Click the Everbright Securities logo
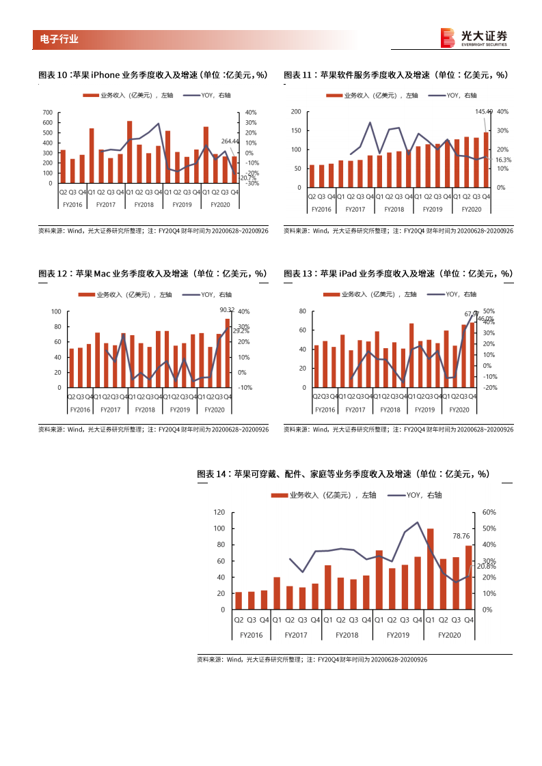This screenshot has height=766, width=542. click(x=474, y=38)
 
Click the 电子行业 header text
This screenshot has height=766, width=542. click(x=55, y=40)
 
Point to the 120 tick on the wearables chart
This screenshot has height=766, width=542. click(x=219, y=512)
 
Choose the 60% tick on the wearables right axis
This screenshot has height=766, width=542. click(x=489, y=512)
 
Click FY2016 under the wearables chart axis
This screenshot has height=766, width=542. click(x=252, y=635)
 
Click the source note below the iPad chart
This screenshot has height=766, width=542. click(x=398, y=429)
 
